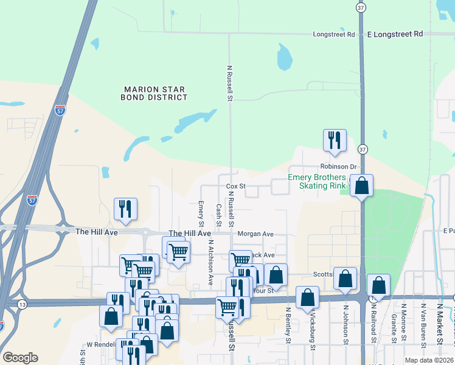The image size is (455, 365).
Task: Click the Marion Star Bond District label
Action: point(153,93)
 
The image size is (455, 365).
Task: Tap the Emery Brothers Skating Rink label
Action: point(316,181)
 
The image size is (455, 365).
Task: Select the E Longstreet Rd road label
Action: point(395,34)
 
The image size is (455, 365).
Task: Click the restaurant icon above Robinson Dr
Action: point(335,141)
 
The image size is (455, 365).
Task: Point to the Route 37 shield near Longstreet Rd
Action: point(362,7)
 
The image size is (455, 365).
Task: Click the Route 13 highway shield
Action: point(23,304)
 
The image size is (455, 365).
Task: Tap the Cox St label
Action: point(235,186)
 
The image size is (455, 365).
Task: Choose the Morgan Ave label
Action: point(255,234)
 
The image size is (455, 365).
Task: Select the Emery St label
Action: point(201,212)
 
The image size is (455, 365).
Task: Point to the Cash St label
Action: point(218,214)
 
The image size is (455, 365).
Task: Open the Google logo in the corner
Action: point(20,358)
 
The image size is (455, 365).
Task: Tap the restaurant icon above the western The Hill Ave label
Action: point(125,209)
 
